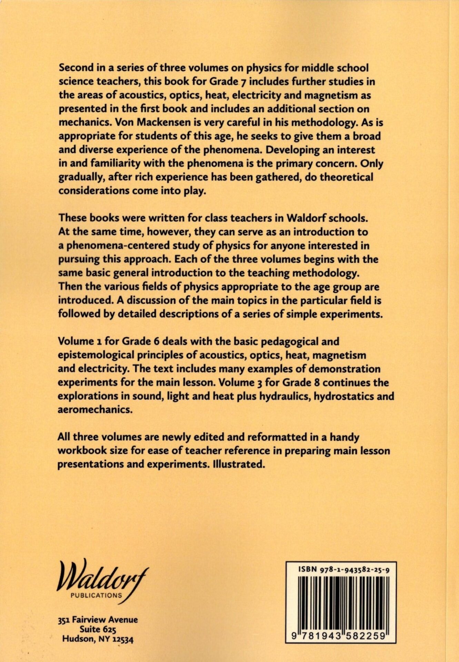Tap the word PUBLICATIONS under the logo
(96, 595)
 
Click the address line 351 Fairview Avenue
(98, 620)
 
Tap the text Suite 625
(98, 629)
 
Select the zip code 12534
(123, 640)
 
